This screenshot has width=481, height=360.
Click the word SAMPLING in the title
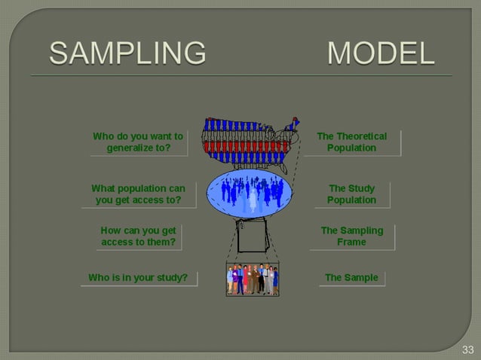tap(127, 53)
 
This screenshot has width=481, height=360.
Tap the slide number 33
tap(467, 349)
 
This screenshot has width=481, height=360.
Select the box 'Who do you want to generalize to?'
tap(138, 142)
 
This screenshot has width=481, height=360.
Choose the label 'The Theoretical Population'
tap(351, 142)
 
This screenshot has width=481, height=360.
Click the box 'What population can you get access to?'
tap(138, 194)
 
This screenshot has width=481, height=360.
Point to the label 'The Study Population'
tap(351, 194)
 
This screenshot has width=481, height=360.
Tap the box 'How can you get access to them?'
tap(138, 236)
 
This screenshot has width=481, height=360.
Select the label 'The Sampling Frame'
tap(352, 236)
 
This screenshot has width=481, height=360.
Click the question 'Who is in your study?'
tap(138, 278)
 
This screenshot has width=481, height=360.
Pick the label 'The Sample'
tap(351, 278)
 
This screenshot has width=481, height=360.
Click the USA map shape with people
tap(248, 141)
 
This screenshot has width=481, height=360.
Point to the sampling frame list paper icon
tap(252, 236)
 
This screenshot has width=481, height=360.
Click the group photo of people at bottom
tap(253, 279)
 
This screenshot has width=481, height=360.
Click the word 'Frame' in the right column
tap(352, 243)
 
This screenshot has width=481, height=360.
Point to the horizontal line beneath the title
tap(241, 75)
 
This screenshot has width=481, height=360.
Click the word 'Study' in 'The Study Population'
tap(362, 188)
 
